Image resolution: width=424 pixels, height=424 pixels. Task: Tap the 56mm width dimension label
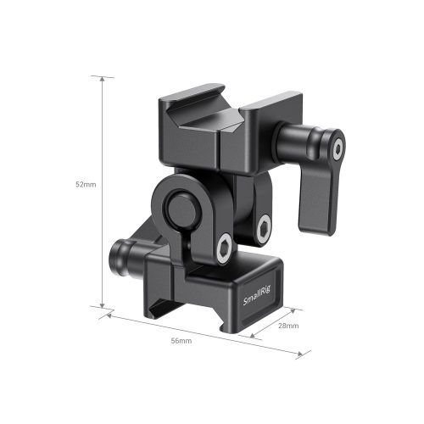pos(181,341)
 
